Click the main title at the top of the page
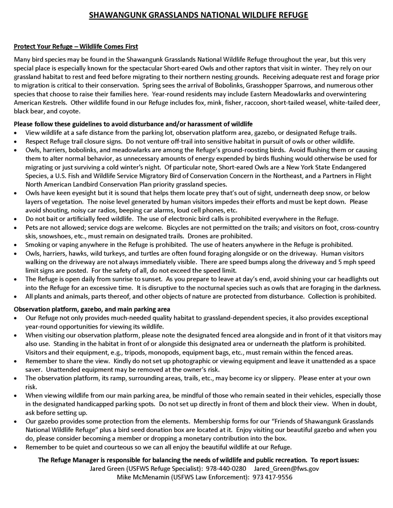198,15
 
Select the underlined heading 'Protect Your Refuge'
75,47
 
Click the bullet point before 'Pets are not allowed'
15,228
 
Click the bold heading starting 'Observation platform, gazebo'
92,309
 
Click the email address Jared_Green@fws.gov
286,469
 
